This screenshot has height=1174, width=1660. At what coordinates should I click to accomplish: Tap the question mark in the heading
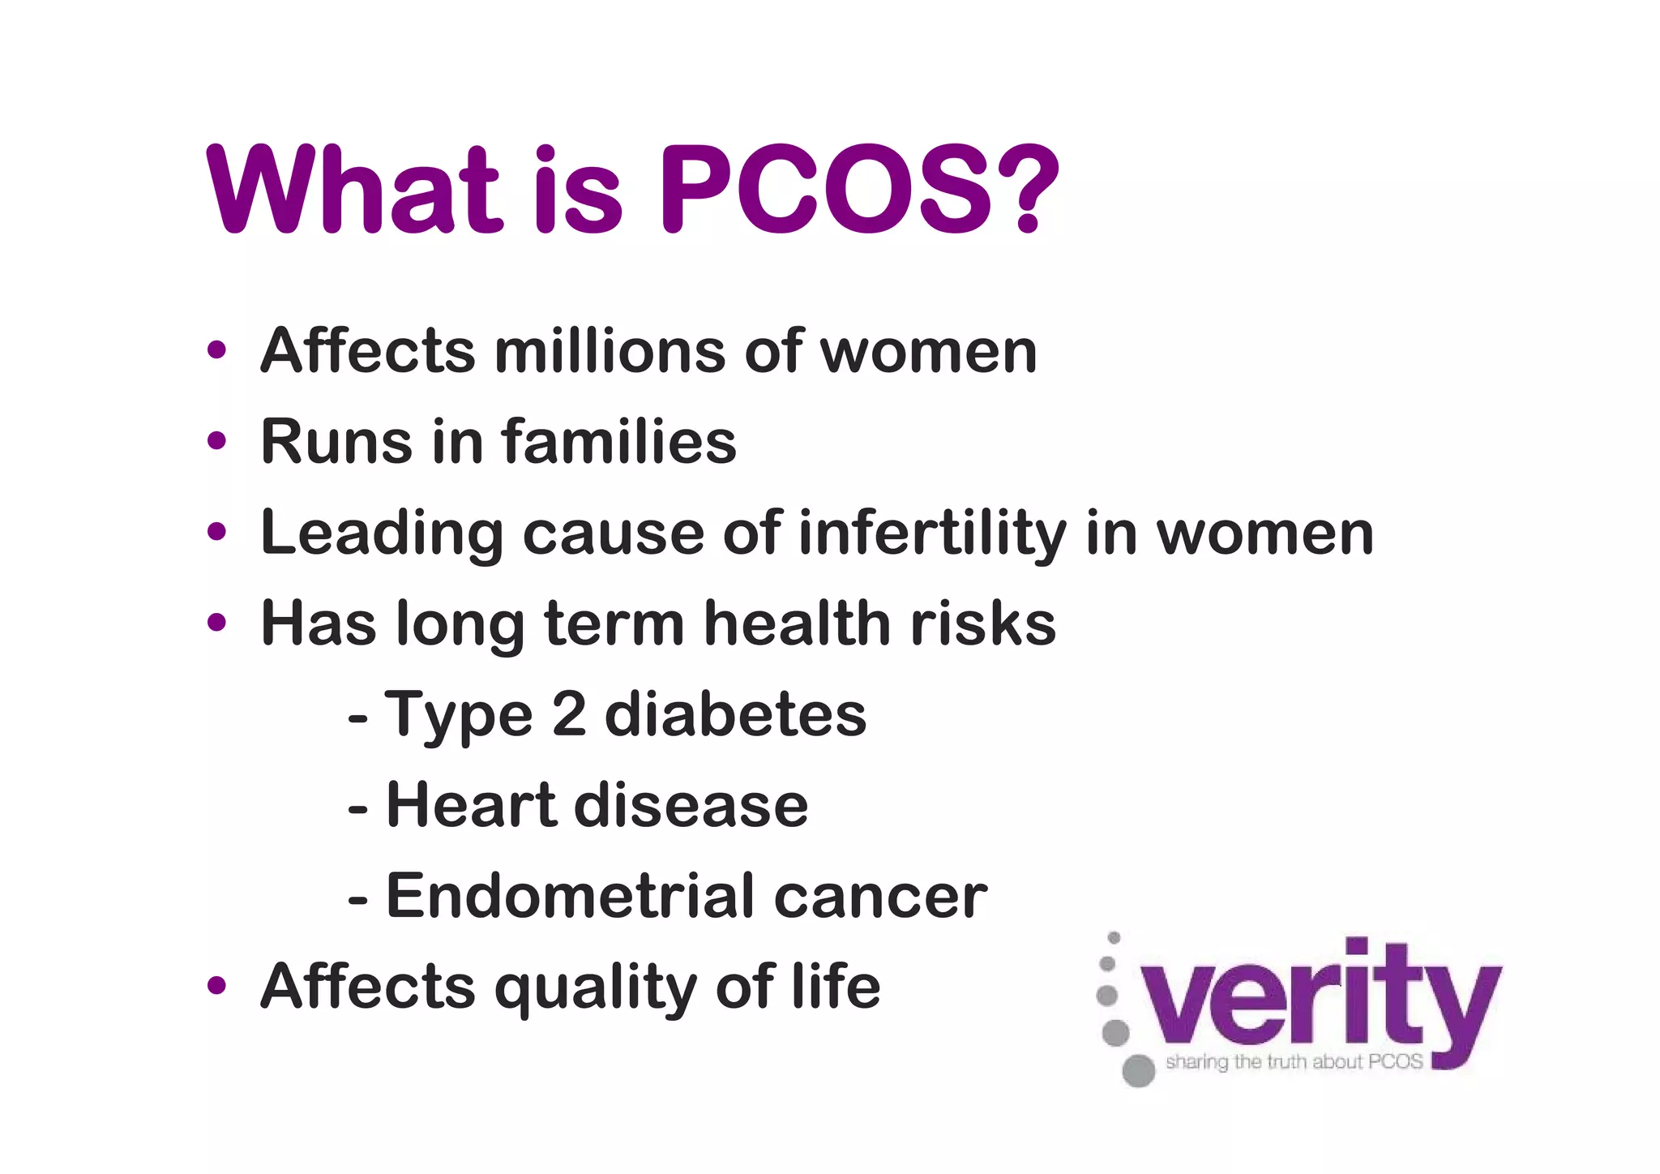pos(1028,191)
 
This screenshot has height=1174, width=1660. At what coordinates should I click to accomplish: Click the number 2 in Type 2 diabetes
pos(569,714)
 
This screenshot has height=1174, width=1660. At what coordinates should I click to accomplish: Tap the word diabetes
pos(735,714)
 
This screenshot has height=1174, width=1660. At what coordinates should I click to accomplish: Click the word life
pos(836,987)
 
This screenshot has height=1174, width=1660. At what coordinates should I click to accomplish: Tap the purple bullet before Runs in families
pos(216,441)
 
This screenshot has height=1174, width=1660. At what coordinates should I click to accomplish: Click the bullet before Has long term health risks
pos(216,623)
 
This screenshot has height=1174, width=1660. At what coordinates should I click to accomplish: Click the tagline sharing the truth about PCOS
pos(1294,1062)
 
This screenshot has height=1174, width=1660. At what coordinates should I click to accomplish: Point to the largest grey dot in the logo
pos(1138,1070)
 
